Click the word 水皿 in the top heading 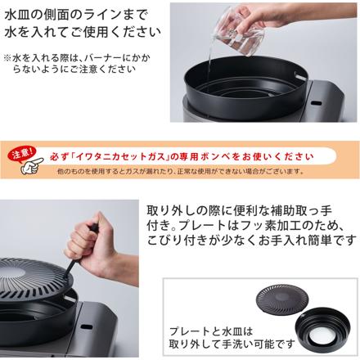19,16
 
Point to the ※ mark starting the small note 8,58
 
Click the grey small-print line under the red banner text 180,171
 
